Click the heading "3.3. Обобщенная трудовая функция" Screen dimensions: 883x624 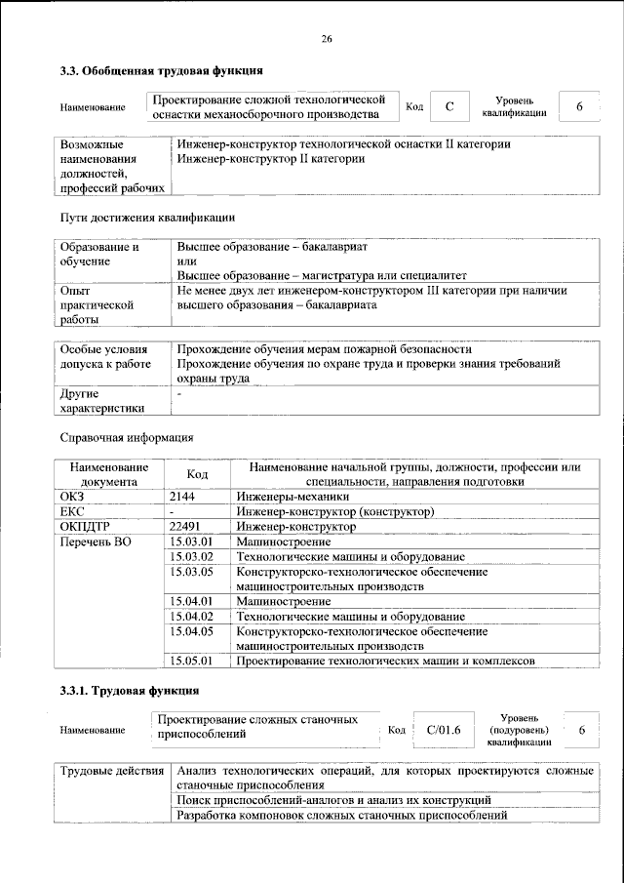pos(161,70)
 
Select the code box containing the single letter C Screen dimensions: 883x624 pos(449,106)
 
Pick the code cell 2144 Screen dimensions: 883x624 pos(183,497)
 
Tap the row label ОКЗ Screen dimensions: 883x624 pos(73,497)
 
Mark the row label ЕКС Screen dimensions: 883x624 pos(73,511)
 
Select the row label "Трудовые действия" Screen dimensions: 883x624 pos(112,772)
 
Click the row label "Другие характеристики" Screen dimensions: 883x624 pos(102,401)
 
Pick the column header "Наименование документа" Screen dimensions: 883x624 pos(108,474)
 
